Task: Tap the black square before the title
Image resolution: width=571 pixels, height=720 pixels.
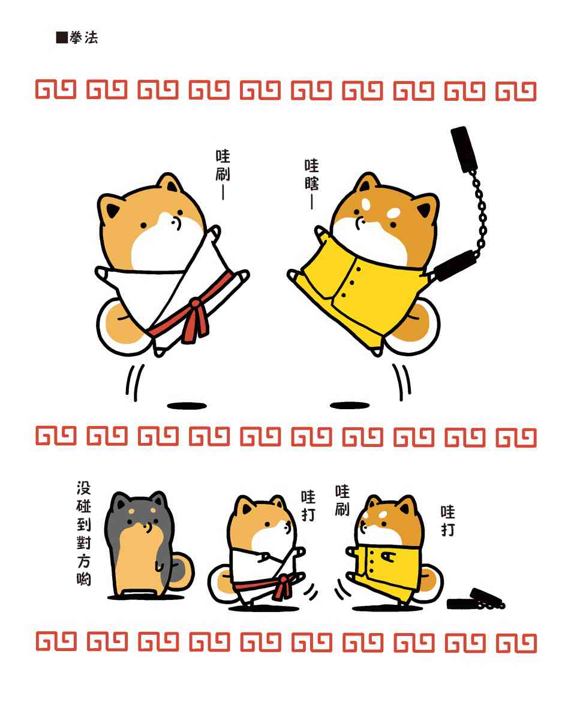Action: [62, 37]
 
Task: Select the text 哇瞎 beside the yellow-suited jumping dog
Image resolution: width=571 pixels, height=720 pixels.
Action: [311, 175]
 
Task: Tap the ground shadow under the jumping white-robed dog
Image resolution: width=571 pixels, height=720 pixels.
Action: [187, 406]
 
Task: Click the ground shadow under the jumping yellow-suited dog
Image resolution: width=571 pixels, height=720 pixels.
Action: [350, 406]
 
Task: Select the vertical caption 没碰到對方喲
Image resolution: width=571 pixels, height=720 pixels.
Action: [83, 533]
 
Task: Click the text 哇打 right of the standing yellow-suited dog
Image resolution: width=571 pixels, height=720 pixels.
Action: [448, 521]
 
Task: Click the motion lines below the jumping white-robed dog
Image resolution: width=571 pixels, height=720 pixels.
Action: [135, 382]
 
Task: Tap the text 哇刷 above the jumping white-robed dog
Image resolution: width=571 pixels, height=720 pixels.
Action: [223, 165]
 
